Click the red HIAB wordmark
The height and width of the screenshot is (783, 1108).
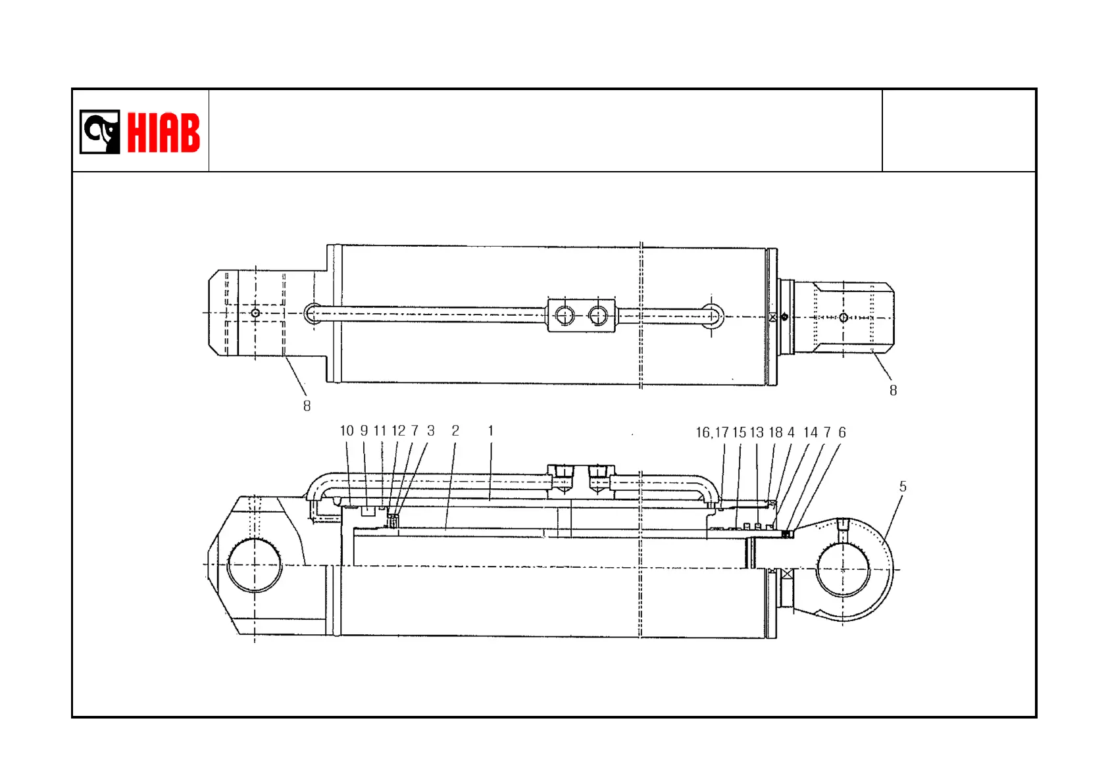coord(164,132)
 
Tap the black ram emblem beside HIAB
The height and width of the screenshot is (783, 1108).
coord(100,132)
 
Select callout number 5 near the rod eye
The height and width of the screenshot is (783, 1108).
coord(903,487)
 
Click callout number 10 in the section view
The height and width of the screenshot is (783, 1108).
coord(347,431)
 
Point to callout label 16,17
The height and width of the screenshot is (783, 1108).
coord(713,433)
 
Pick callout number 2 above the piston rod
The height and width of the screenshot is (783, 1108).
coord(455,431)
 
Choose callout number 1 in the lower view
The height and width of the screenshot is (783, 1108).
coord(491,431)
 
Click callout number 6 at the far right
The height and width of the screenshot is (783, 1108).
coord(842,433)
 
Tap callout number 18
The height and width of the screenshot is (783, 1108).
coord(776,433)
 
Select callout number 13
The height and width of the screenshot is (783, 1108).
coord(757,433)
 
